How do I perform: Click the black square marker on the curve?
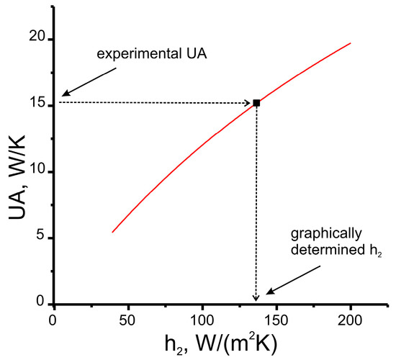[256, 103]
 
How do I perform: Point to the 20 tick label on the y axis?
[37, 39]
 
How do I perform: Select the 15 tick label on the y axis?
[37, 105]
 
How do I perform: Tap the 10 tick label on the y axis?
[37, 171]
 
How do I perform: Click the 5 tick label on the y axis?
[40, 238]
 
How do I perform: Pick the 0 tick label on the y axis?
[40, 304]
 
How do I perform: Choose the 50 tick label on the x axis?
[127, 318]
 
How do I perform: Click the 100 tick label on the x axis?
[202, 318]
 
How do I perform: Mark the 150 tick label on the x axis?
[276, 318]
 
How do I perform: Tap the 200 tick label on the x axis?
[350, 318]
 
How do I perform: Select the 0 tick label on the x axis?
[53, 318]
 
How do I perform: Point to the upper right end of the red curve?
[350, 43]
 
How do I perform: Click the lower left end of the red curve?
[113, 232]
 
